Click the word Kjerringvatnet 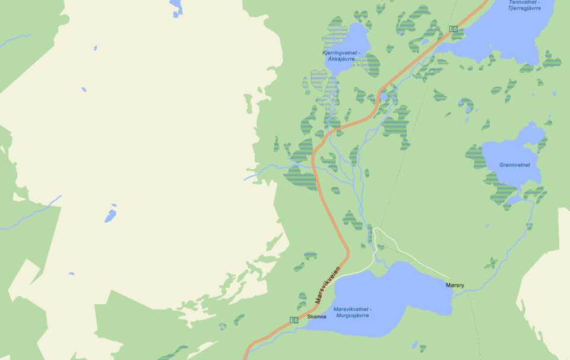click(340, 53)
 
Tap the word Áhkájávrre click(341, 59)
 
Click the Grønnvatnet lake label click(515, 165)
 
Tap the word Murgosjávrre click(351, 315)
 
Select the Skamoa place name click(316, 317)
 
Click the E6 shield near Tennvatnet click(453, 29)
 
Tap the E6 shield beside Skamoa click(294, 320)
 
